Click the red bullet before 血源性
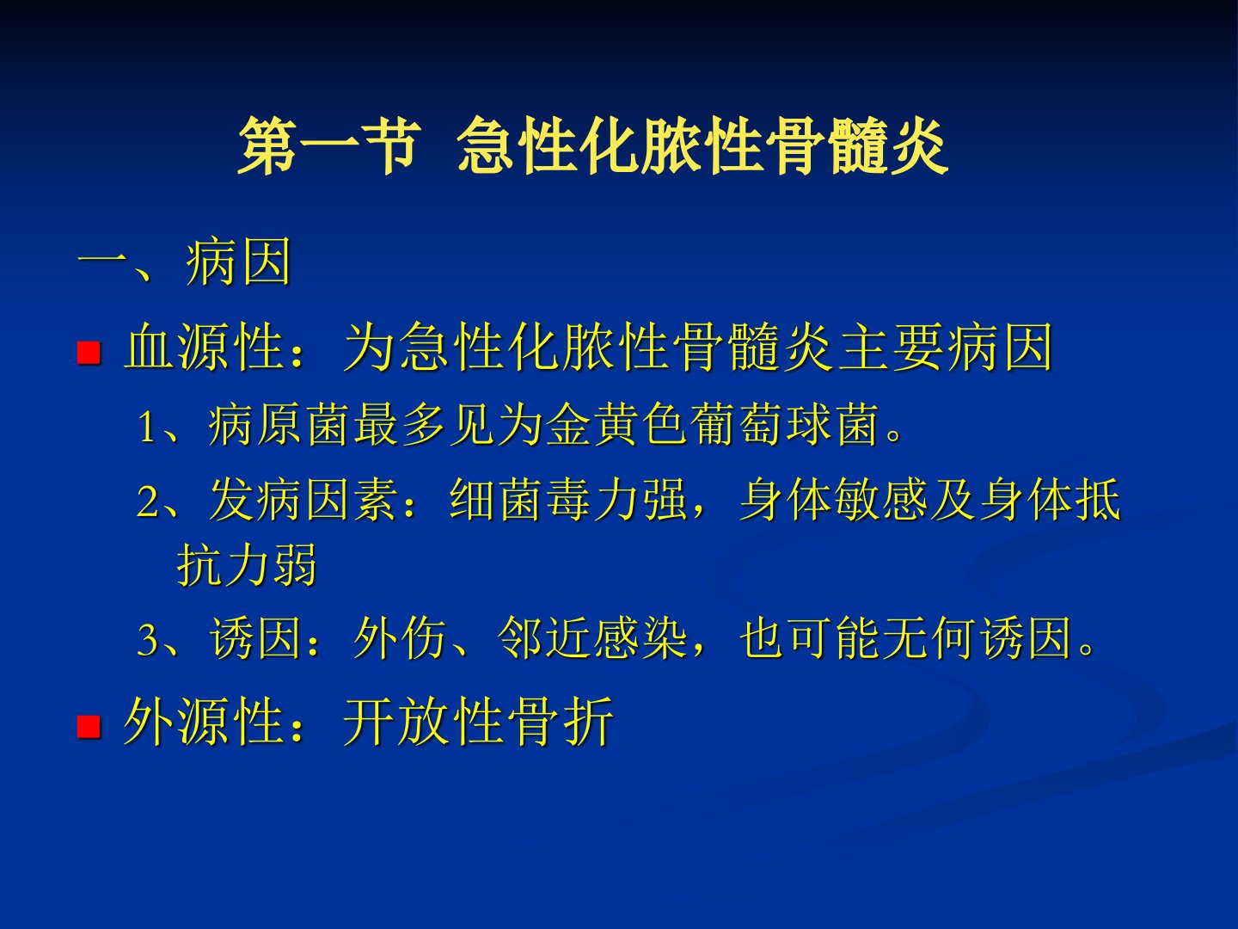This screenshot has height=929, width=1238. click(x=89, y=352)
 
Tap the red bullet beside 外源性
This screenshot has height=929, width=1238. click(x=89, y=727)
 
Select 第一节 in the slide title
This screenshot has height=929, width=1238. click(x=329, y=146)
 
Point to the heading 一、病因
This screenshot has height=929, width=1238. click(x=185, y=261)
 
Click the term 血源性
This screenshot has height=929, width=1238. click(x=204, y=347)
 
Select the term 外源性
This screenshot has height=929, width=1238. click(x=204, y=721)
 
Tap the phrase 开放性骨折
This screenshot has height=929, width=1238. click(x=478, y=721)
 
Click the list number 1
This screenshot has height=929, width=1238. click(x=147, y=426)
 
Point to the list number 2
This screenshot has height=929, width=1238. click(x=148, y=501)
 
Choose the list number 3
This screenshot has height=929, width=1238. click(x=148, y=639)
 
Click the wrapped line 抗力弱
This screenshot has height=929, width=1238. click(x=247, y=564)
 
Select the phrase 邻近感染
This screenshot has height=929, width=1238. click(x=592, y=637)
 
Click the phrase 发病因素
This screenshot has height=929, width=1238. click(x=303, y=499)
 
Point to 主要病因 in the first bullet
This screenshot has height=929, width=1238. click(x=946, y=347)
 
